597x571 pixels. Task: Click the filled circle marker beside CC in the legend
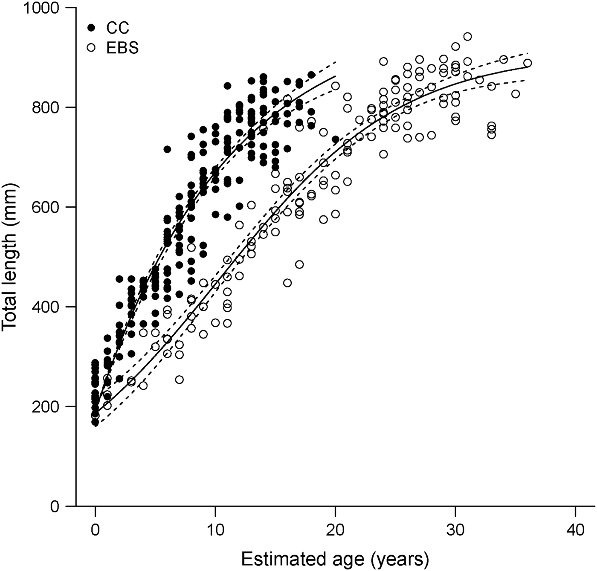tap(91, 28)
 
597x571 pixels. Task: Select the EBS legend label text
tap(122, 48)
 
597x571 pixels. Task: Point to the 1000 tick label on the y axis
tap(41, 8)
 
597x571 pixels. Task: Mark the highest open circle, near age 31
tap(467, 37)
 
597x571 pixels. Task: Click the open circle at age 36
tap(527, 63)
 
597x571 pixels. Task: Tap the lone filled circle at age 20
tap(336, 139)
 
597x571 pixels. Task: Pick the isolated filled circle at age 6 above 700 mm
tap(167, 149)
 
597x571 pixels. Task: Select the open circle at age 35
tap(516, 94)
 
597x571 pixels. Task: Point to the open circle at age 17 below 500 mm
tap(299, 264)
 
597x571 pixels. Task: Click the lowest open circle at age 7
tap(180, 380)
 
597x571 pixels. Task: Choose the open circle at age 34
tap(504, 59)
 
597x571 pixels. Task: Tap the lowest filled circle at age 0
tap(95, 422)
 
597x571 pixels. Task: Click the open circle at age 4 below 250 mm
tap(143, 385)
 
